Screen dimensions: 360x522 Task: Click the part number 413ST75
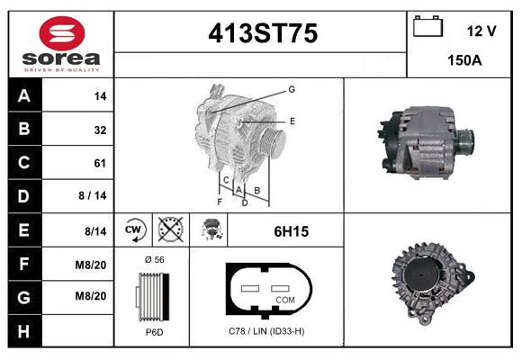[x=263, y=34]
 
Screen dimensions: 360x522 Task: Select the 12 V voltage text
[x=481, y=31]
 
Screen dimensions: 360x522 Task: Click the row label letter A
[x=24, y=95]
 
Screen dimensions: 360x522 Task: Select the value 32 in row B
[x=100, y=130]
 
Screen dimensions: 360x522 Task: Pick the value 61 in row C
[x=100, y=163]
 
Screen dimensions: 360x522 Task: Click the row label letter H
[x=24, y=331]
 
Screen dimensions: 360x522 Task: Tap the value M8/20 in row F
[x=92, y=264]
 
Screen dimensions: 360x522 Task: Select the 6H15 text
[x=292, y=231]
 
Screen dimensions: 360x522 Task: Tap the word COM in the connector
[x=285, y=299]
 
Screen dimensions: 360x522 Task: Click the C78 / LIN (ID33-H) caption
[x=265, y=332]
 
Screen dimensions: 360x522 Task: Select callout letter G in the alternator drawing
[x=292, y=89]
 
